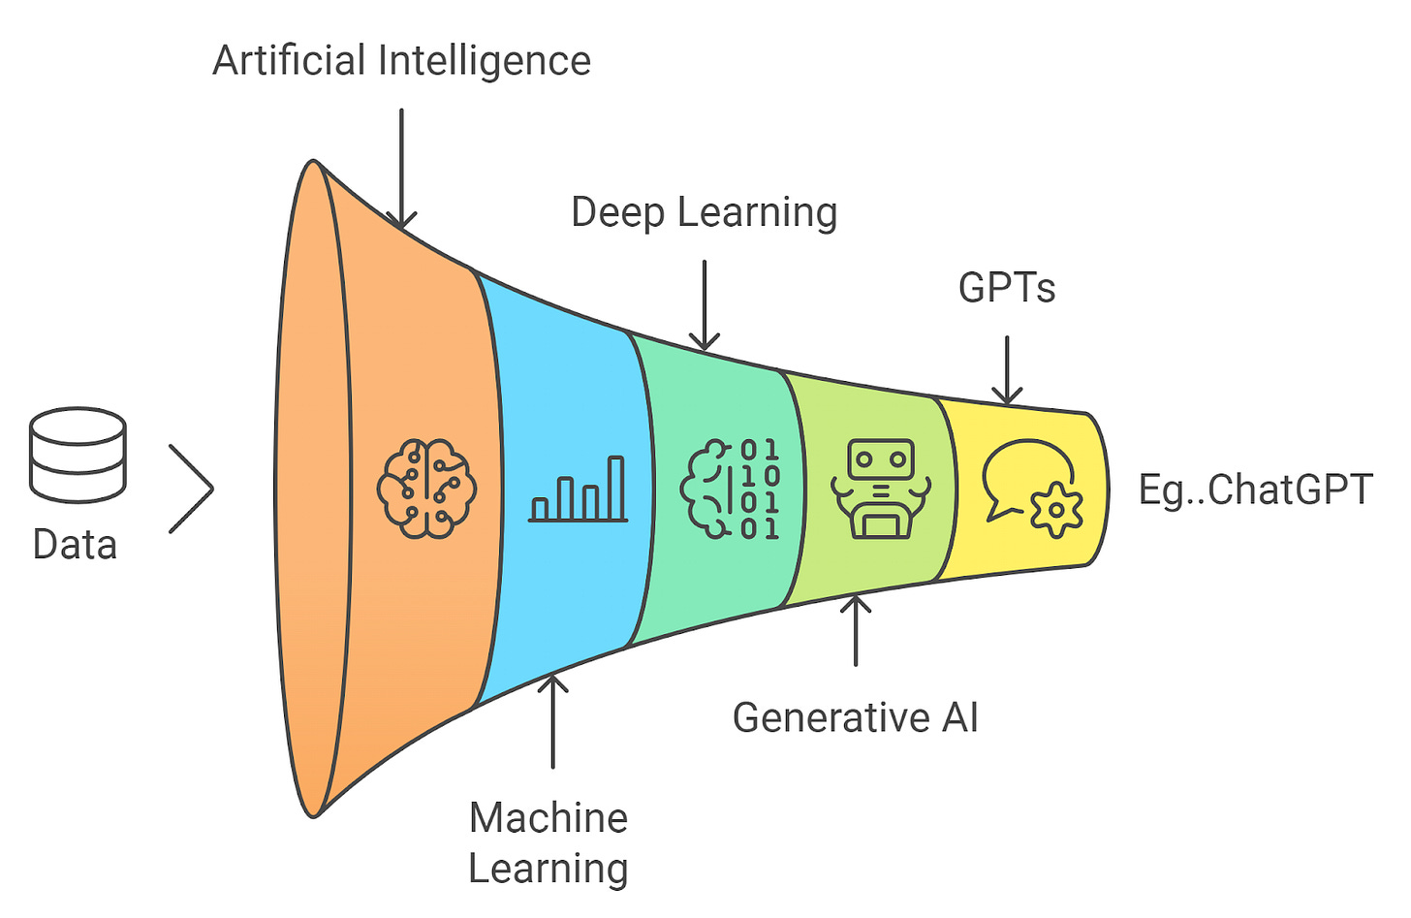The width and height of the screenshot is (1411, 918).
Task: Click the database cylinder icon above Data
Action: click(x=78, y=455)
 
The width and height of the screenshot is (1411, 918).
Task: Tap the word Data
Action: click(x=75, y=545)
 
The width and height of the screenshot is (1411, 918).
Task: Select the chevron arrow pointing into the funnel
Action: click(x=191, y=489)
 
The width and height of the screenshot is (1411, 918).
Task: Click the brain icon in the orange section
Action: click(x=426, y=489)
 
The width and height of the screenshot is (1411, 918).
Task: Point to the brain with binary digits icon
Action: click(x=731, y=489)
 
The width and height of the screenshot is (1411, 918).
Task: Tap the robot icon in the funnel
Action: click(x=880, y=489)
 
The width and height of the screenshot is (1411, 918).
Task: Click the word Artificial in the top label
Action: click(x=289, y=61)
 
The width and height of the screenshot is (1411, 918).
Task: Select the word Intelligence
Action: click(x=484, y=61)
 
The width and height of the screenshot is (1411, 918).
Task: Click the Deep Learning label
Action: click(x=705, y=213)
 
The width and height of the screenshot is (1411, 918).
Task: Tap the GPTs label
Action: click(x=1007, y=288)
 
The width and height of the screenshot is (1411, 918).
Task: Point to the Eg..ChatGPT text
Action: click(x=1255, y=490)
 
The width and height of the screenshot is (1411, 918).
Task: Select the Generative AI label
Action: click(x=855, y=718)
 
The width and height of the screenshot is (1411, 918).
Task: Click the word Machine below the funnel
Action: click(x=549, y=818)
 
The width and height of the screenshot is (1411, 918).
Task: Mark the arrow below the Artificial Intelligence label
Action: click(x=401, y=169)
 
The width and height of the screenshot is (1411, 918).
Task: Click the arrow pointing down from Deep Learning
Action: click(x=705, y=304)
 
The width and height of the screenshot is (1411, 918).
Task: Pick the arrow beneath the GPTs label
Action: click(x=1007, y=370)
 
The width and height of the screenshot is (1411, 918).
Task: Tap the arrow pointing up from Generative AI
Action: click(x=856, y=630)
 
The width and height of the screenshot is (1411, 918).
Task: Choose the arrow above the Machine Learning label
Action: click(x=552, y=721)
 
